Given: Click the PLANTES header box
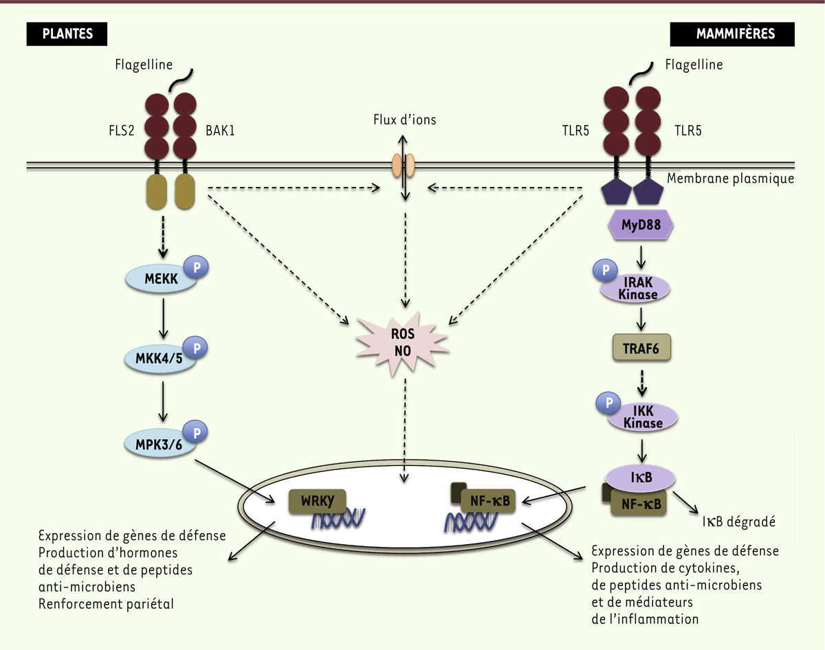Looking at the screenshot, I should coord(67,33).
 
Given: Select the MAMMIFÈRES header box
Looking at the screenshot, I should coord(734,33).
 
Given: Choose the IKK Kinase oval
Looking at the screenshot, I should coord(643,416).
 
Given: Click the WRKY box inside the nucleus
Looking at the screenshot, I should coord(317,502).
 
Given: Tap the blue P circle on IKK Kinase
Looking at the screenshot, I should coord(608,404).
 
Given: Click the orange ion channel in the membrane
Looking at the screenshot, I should coord(403,166).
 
